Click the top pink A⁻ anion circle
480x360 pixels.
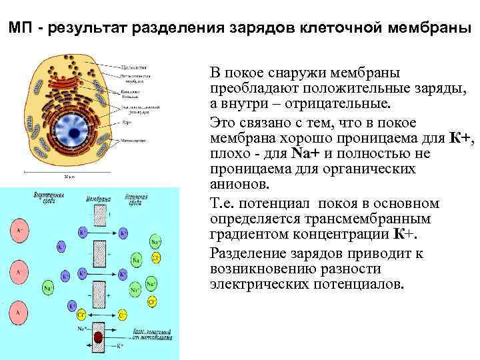click(x=19, y=231)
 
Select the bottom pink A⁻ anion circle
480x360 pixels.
click(x=19, y=311)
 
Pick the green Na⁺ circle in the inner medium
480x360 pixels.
click(x=49, y=288)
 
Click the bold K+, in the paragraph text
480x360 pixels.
click(x=462, y=139)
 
